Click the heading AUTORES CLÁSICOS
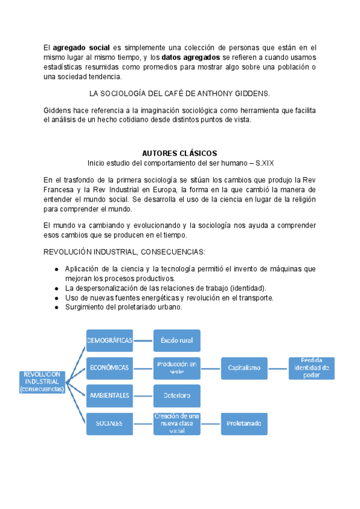point(179,153)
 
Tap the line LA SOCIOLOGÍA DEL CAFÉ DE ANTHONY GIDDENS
point(179,93)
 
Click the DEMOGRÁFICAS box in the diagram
point(110,341)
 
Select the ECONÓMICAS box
point(110,367)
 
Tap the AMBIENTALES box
point(110,396)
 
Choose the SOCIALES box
point(110,423)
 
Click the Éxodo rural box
point(176,341)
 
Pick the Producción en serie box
point(176,367)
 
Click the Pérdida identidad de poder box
point(311,367)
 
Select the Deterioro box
point(176,396)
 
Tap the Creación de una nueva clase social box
point(176,423)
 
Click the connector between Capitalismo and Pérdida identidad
point(278,367)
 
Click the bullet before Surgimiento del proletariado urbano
point(56,307)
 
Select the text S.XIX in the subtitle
point(266,163)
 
